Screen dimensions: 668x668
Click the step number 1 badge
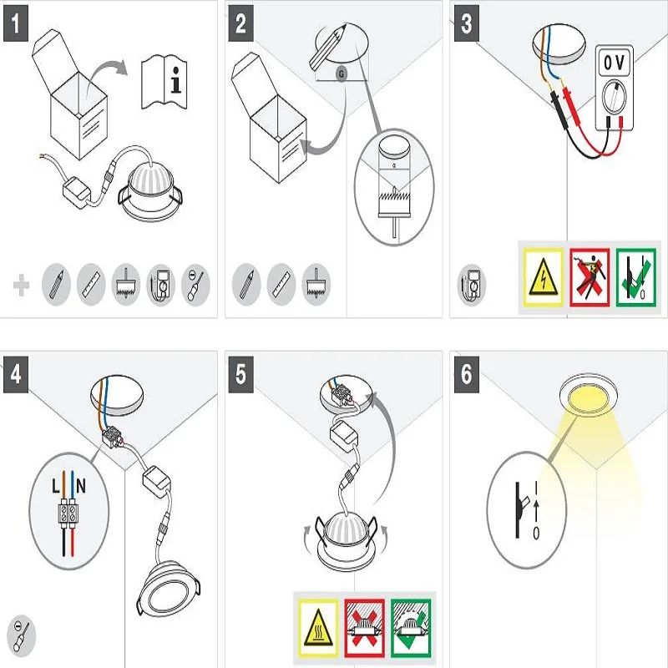click(x=16, y=23)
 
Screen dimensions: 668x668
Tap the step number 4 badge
click(x=16, y=374)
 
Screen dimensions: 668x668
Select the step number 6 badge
click(x=467, y=374)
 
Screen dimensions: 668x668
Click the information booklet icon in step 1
click(x=164, y=81)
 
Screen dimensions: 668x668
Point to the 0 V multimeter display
click(x=614, y=63)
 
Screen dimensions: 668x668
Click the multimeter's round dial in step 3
click(x=615, y=97)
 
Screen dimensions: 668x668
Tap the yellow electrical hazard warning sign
click(x=544, y=277)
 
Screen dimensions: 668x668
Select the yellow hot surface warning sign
click(x=318, y=628)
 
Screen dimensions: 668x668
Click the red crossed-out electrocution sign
click(x=590, y=277)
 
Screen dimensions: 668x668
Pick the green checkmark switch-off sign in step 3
click(x=636, y=277)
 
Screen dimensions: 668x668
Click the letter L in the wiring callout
click(x=56, y=486)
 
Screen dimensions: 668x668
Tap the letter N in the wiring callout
click(x=81, y=486)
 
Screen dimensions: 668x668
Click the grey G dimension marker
click(x=342, y=74)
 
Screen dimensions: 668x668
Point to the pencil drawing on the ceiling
click(x=328, y=47)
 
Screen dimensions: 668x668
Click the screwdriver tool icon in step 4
click(x=22, y=636)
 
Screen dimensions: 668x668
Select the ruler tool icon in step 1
click(x=91, y=284)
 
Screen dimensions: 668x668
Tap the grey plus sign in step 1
click(x=21, y=285)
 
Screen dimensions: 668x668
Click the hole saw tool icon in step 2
click(x=316, y=284)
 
